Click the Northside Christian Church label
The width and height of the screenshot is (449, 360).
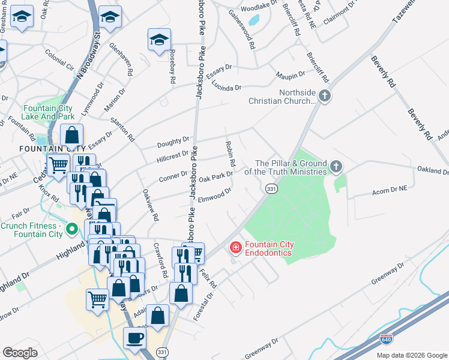[282, 97]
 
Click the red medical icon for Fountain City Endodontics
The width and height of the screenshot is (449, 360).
[236, 247]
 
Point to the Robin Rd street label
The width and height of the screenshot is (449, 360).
[231, 154]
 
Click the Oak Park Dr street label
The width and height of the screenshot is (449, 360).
[215, 177]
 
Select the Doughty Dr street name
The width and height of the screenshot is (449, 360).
[173, 143]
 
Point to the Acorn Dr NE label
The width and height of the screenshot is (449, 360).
[390, 188]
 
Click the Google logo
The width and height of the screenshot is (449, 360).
[20, 353]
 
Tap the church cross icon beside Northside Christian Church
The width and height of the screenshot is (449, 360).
[325, 95]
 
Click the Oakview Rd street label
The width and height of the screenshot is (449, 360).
[149, 205]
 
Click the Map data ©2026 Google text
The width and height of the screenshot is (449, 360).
[411, 355]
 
